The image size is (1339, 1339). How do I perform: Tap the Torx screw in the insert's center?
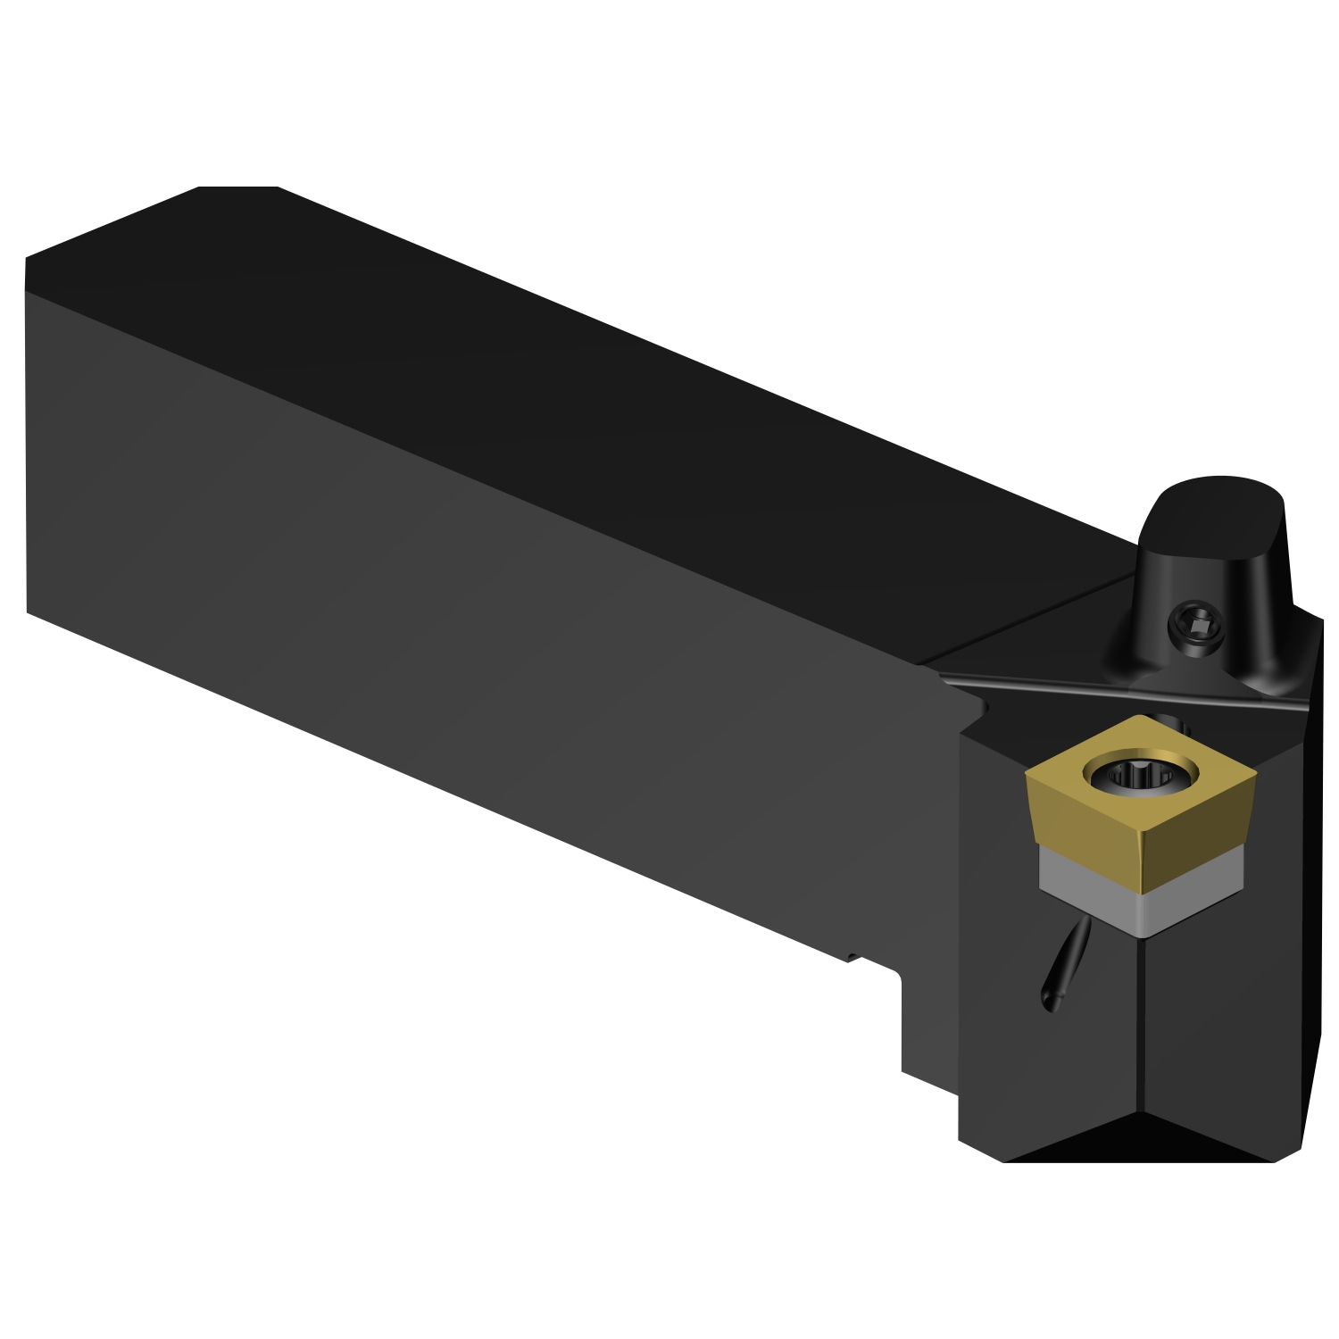tap(1135, 774)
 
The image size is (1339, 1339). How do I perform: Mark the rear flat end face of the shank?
tap(26, 437)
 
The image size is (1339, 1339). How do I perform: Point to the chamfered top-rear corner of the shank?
tap(237, 188)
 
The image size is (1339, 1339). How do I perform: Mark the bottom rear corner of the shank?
tap(29, 611)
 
